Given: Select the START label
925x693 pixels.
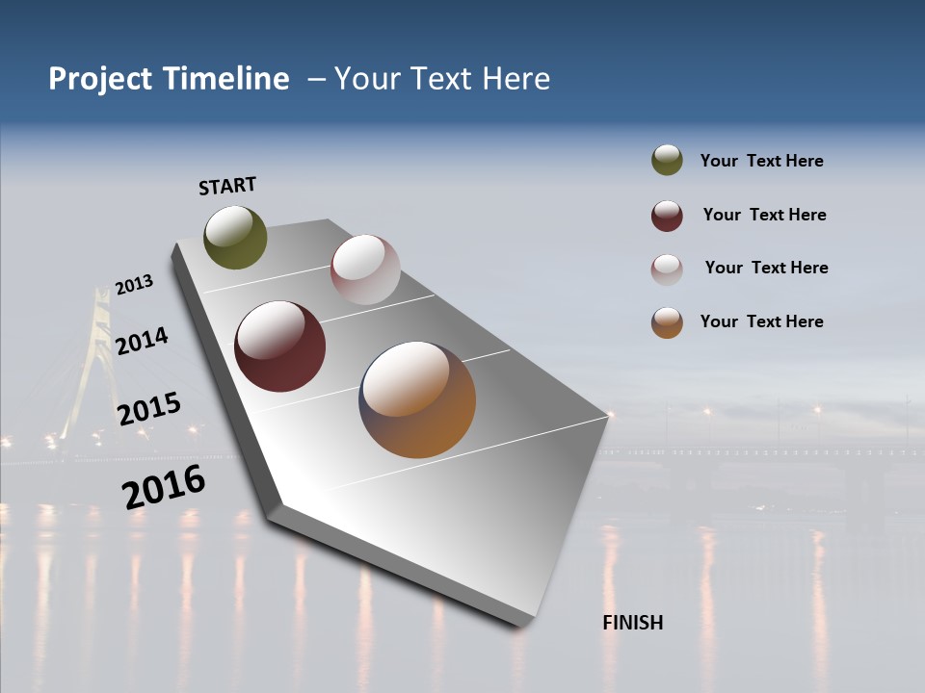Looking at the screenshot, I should tap(227, 186).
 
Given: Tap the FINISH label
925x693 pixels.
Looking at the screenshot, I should tap(633, 623).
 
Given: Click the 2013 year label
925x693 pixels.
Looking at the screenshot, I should tap(134, 285).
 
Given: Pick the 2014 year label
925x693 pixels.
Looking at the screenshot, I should tap(142, 341).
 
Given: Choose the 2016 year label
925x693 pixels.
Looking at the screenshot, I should tap(164, 487).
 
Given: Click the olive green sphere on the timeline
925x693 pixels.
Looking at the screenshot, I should tap(235, 237).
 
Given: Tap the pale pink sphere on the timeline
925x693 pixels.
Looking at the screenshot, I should tap(365, 269).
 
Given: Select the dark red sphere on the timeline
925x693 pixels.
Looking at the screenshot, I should tap(280, 346).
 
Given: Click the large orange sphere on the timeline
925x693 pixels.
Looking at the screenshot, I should tap(417, 399).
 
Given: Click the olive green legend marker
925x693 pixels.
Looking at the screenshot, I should tap(667, 161).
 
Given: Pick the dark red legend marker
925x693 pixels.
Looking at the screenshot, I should tap(667, 216).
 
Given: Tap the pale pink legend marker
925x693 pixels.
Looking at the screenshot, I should tap(667, 269).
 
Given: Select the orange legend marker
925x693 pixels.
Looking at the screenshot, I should tap(667, 322).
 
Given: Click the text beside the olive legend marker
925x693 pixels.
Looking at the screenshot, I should tap(761, 162).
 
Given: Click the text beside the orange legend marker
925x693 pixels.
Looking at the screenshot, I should tap(761, 321).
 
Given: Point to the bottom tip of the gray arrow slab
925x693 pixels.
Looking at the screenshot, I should tap(520, 624).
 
